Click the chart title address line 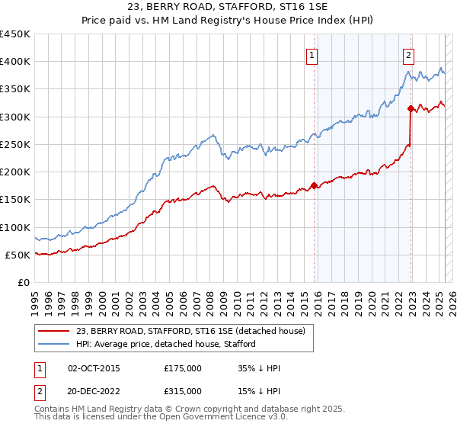coord(228,8)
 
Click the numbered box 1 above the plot coord(313,54)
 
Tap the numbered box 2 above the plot coord(409,54)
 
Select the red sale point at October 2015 coord(314,185)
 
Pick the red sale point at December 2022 coord(411,108)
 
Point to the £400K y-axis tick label coord(15,62)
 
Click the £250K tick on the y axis coord(15,144)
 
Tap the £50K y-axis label coord(18,255)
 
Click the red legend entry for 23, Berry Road coord(190,331)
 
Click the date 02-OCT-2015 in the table coord(94,369)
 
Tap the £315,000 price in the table coord(183,390)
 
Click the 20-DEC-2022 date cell coord(94,390)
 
